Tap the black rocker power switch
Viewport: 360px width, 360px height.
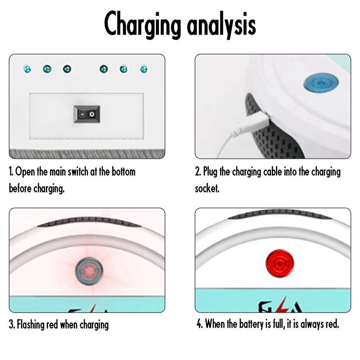[86, 114]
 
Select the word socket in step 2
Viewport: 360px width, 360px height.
[207, 188]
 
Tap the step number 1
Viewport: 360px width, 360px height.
[11, 171]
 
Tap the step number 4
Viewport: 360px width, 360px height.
[199, 324]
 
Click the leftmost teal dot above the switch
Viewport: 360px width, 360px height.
[27, 69]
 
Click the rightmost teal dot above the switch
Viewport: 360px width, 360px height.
[144, 69]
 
